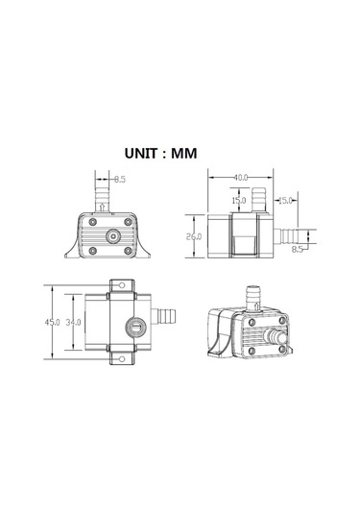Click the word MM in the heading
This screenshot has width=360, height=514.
pos(212,151)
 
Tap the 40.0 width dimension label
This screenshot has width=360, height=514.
pos(240,177)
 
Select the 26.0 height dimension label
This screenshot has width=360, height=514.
pos(195,236)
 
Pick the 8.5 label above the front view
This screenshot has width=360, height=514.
pos(119,179)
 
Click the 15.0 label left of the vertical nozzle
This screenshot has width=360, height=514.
pos(237,200)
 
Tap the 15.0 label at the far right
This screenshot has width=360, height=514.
pos(285,200)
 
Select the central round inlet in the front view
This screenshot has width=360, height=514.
pos(111,234)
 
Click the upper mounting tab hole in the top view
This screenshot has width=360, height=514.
pos(121,285)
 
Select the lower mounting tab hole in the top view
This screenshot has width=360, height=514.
pos(121,359)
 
